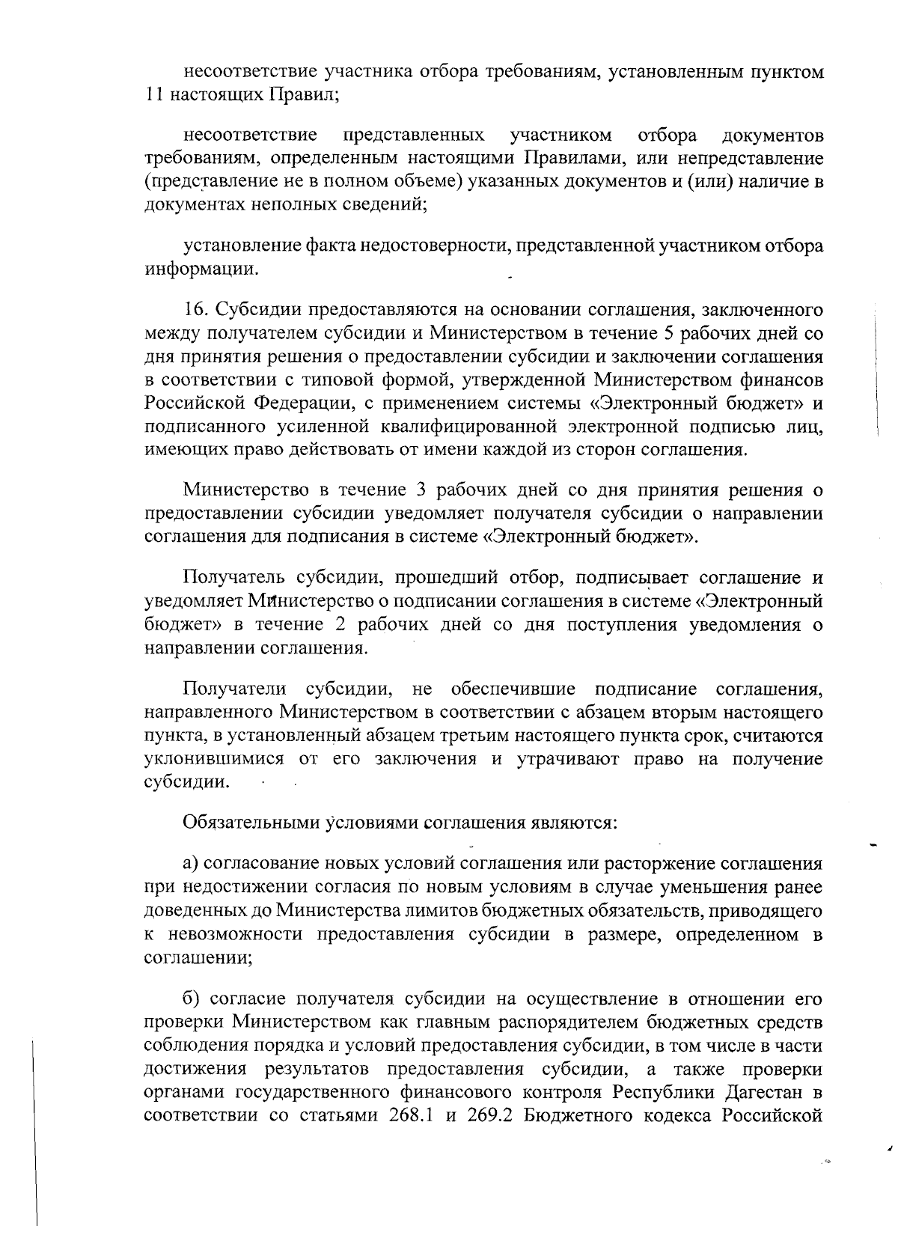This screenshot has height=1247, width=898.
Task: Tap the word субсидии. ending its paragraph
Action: tap(186, 783)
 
